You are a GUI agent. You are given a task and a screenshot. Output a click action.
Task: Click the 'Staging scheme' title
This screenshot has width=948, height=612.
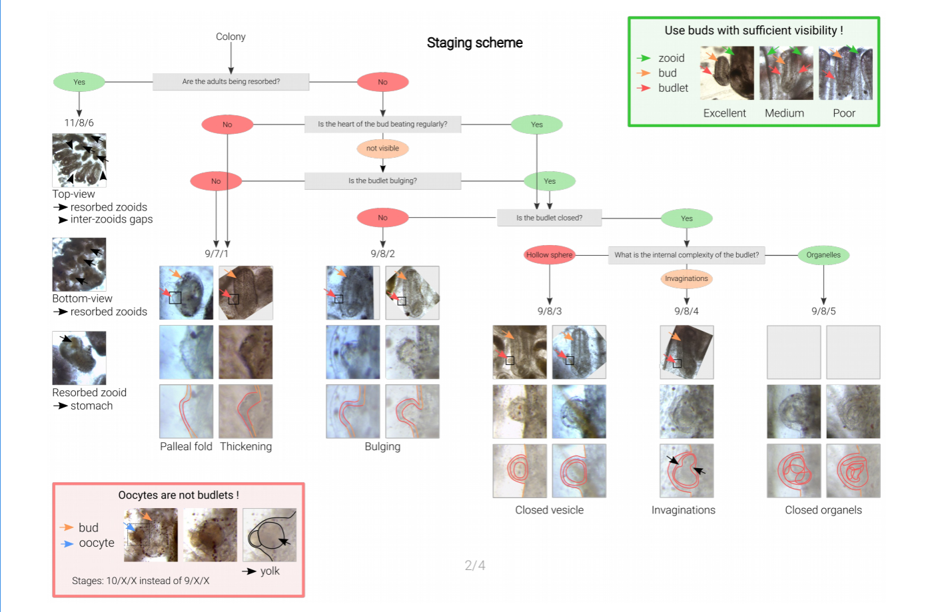[474, 43]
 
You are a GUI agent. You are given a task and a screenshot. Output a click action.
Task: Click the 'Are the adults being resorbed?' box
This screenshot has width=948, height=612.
[231, 82]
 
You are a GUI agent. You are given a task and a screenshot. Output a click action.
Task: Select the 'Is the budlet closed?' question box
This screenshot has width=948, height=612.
[549, 218]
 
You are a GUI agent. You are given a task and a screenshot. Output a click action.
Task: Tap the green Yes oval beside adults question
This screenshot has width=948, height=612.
[79, 82]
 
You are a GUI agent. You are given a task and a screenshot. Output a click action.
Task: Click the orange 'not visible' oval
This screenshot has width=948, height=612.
[382, 149]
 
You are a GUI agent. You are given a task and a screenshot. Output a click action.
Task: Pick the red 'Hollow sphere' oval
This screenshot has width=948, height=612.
[549, 255]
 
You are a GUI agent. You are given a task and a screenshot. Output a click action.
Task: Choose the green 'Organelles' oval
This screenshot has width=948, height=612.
[823, 255]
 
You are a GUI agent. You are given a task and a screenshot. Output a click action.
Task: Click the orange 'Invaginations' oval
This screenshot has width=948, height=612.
[686, 279]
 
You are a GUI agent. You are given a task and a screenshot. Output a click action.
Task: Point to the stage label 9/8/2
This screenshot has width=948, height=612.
[382, 254]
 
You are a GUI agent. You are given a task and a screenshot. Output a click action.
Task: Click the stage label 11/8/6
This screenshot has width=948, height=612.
[79, 123]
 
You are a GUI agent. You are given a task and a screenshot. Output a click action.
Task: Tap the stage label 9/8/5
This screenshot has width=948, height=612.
[823, 311]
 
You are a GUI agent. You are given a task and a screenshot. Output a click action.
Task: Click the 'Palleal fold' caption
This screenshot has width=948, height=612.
[186, 447]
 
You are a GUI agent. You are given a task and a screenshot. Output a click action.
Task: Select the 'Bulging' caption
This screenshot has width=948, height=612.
[382, 447]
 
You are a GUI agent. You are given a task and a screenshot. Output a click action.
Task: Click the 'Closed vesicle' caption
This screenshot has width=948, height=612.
[549, 510]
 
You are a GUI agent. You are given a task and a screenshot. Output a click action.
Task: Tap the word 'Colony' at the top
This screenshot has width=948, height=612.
[231, 37]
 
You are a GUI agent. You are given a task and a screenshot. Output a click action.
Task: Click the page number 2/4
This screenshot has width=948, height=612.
[474, 565]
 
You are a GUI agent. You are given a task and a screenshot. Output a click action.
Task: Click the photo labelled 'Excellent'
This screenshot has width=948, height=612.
[727, 73]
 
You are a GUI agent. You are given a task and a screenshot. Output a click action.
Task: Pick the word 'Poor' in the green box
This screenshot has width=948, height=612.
[843, 113]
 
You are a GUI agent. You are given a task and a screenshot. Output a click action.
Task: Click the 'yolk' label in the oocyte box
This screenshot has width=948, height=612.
[270, 571]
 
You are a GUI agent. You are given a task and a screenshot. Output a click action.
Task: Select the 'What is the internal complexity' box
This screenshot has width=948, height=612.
[686, 255]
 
